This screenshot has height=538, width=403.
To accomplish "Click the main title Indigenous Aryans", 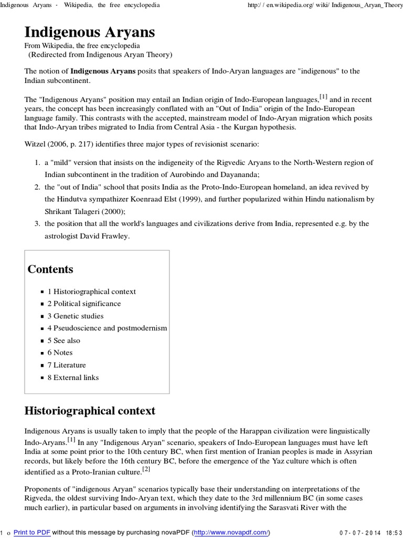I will coord(90,33).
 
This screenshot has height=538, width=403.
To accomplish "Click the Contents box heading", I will coord(50,270).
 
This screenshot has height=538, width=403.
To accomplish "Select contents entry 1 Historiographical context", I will coord(91,292).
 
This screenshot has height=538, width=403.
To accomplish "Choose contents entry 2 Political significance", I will coord(84,304).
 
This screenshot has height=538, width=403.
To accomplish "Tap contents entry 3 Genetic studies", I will coord(76,316).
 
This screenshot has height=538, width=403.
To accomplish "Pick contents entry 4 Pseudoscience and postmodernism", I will coord(107,328).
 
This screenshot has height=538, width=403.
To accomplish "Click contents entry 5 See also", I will coord(64,340).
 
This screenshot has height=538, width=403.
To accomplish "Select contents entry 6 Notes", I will coord(60,353).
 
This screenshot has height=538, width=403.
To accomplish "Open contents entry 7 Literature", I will coord(67,365).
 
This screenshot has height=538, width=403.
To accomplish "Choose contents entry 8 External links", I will coord(73,377).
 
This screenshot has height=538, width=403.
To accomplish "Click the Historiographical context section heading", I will coord(90,410).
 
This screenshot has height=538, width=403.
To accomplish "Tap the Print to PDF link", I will coord(31,532).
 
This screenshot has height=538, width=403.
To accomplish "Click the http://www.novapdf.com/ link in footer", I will coord(230,532).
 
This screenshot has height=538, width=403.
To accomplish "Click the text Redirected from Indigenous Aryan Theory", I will coord(100,55).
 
